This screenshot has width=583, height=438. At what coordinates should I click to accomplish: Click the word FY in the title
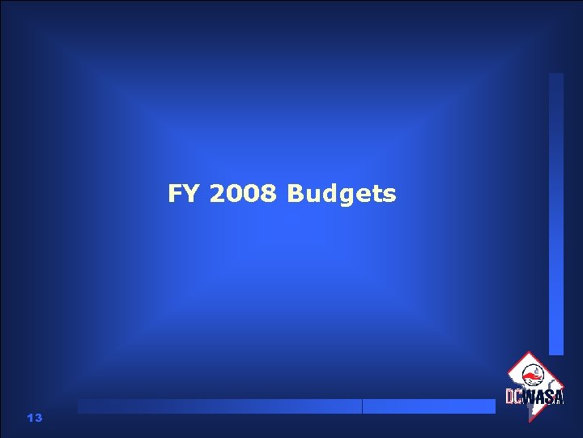pyautogui.click(x=184, y=195)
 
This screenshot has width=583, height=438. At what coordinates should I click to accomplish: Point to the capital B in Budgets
pyautogui.click(x=295, y=195)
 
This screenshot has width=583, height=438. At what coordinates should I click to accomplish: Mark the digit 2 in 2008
pyautogui.click(x=216, y=195)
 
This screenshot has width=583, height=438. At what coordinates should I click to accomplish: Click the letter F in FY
pyautogui.click(x=176, y=195)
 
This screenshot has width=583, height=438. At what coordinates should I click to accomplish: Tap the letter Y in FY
pyautogui.click(x=192, y=195)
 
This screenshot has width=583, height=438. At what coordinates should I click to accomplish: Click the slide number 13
pyautogui.click(x=34, y=418)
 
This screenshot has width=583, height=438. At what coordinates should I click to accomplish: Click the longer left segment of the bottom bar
pyautogui.click(x=219, y=406)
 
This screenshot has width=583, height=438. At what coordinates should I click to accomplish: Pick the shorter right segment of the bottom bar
pyautogui.click(x=429, y=406)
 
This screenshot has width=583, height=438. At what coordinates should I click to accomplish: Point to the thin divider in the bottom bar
pyautogui.click(x=362, y=406)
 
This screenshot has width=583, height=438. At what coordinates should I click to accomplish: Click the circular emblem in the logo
pyautogui.click(x=534, y=375)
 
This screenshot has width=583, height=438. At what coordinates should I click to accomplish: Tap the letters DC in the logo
pyautogui.click(x=514, y=397)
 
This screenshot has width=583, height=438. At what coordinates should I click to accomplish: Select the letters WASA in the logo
pyautogui.click(x=543, y=397)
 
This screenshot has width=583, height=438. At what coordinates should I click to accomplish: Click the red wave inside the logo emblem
pyautogui.click(x=532, y=377)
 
